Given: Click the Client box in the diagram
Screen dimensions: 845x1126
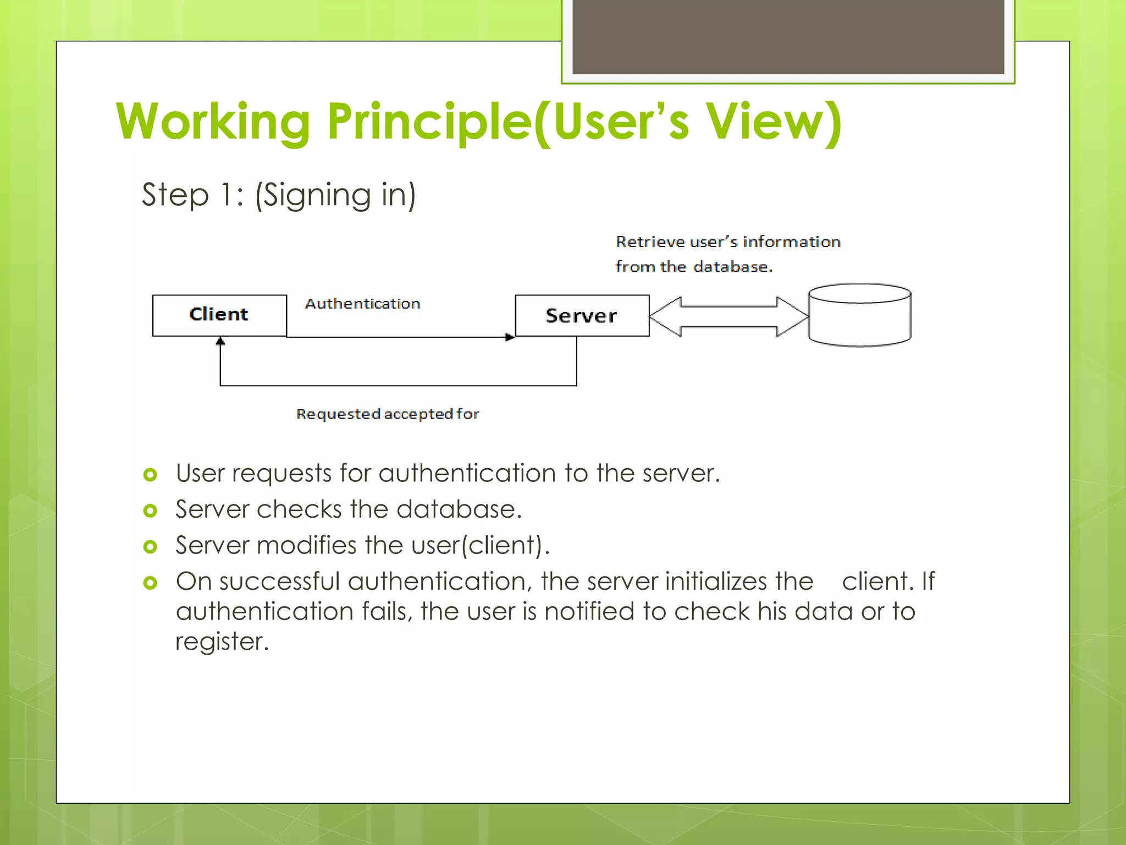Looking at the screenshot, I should tap(219, 315).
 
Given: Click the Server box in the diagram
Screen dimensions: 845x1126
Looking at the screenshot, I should tap(582, 315).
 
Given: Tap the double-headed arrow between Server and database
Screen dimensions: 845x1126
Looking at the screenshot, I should tap(728, 316).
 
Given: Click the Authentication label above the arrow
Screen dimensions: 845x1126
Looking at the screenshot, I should tap(362, 304).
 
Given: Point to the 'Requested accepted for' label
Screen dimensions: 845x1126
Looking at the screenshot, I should tap(387, 414).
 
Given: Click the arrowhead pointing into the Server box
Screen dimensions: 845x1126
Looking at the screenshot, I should tap(510, 337).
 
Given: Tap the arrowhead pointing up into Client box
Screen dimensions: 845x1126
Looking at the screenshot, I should tap(220, 342).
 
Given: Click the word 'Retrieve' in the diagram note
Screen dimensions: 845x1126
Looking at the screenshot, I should tap(650, 242).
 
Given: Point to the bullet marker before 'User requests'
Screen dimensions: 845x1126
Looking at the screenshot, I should tap(150, 474).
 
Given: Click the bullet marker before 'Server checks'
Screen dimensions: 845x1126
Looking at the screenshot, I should tap(150, 511).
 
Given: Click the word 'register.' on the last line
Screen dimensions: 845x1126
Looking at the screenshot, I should tap(222, 641).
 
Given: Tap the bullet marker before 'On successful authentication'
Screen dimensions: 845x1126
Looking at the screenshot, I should tap(150, 583).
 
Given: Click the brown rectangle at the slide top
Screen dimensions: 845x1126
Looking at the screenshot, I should tap(788, 36).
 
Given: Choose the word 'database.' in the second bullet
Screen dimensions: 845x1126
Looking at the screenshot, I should tap(459, 509).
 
